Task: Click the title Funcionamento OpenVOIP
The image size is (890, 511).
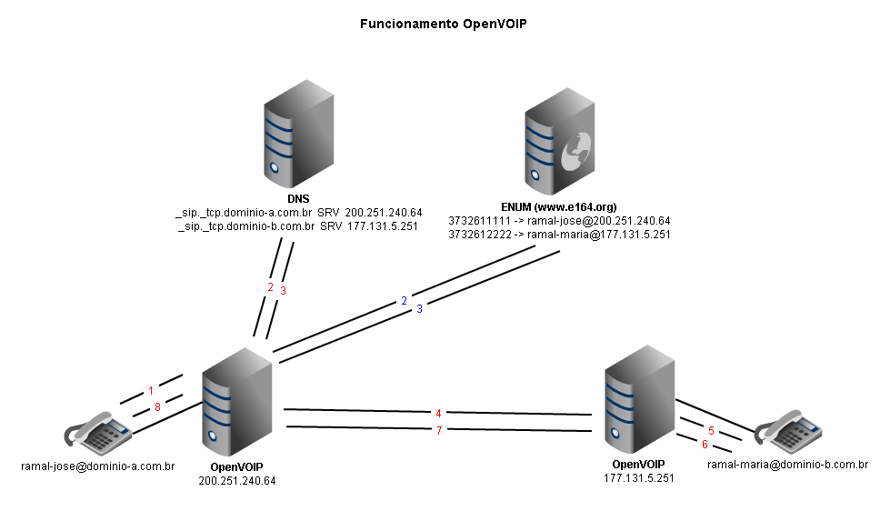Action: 444,25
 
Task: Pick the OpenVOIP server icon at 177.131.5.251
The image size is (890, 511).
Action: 641,407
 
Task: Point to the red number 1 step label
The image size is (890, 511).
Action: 151,392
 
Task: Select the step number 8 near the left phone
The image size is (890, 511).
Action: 157,408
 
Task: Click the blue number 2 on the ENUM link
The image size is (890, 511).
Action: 404,300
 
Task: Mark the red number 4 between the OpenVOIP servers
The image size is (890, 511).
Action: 438,414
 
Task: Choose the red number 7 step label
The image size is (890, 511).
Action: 439,430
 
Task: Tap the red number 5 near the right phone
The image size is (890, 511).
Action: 712,430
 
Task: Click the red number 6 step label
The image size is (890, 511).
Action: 704,445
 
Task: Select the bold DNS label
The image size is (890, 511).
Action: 299,197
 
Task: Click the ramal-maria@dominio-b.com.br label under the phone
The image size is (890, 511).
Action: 787,466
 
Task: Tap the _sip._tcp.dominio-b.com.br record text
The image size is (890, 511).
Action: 246,225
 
